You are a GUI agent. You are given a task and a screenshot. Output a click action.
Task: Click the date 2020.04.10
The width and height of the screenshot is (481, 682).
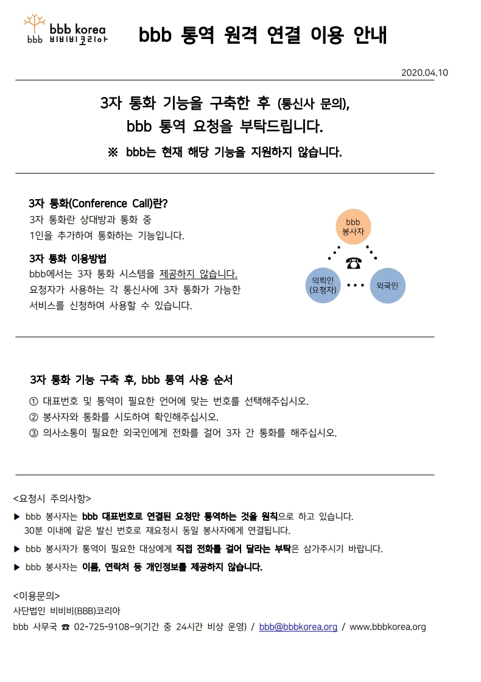point(424,72)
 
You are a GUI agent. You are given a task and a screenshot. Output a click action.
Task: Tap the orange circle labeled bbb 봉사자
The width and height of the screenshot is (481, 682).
point(353,227)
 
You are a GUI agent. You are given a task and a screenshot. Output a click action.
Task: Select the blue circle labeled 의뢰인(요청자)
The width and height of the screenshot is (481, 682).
point(323,286)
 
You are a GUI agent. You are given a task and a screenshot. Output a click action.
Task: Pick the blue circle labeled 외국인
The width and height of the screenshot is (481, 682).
point(387,286)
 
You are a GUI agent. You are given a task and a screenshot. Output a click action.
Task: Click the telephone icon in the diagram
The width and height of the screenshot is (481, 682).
point(354,263)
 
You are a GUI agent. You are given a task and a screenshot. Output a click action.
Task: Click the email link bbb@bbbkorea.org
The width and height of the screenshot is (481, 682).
point(298,627)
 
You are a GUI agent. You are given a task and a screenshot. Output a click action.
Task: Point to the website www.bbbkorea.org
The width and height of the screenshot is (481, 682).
point(387,627)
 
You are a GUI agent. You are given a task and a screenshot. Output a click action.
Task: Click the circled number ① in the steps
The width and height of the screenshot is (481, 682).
point(33,401)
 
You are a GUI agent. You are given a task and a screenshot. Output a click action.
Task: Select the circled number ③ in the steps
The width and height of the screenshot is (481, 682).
point(33,433)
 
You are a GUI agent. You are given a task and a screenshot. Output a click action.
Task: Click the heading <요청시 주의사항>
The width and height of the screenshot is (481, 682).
point(52,498)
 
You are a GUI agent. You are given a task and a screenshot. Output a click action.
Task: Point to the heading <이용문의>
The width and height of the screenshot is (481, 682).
point(37,596)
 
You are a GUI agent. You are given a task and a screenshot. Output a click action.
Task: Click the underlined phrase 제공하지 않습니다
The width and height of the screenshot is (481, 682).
point(198,274)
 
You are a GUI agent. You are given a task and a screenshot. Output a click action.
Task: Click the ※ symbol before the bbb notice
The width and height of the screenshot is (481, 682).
point(113,152)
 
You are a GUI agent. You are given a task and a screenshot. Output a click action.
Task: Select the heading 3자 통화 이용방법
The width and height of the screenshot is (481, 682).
point(68,258)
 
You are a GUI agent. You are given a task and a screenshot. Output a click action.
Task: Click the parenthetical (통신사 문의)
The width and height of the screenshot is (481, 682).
point(313,104)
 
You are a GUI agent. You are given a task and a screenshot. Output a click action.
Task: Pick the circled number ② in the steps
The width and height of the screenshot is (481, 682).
point(33,418)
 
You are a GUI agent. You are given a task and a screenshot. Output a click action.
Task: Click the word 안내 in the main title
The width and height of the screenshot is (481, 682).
point(370,35)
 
